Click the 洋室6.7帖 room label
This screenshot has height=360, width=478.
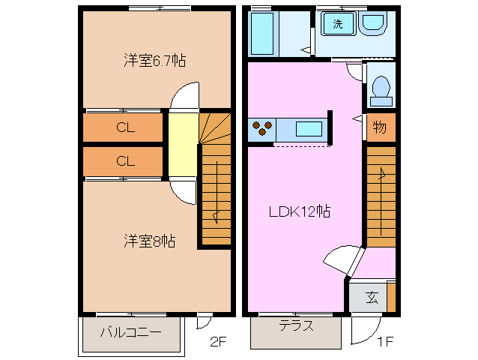(x=154, y=61)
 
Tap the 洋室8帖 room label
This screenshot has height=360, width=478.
(x=150, y=241)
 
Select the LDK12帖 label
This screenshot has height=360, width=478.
(x=300, y=211)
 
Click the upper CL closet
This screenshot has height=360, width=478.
(x=124, y=128)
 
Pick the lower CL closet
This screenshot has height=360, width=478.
(x=124, y=160)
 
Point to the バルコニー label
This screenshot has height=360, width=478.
(x=131, y=331)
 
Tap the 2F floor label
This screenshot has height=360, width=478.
(x=217, y=343)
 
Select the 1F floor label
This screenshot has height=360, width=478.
(x=384, y=343)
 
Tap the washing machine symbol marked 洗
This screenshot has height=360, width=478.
(x=338, y=24)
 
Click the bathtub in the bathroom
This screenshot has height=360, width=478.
(x=263, y=32)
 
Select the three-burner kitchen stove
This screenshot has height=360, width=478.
(x=263, y=128)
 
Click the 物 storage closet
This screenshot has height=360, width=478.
(x=380, y=127)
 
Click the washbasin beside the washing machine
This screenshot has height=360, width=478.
(x=372, y=24)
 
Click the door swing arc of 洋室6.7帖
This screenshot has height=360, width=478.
(x=184, y=97)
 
